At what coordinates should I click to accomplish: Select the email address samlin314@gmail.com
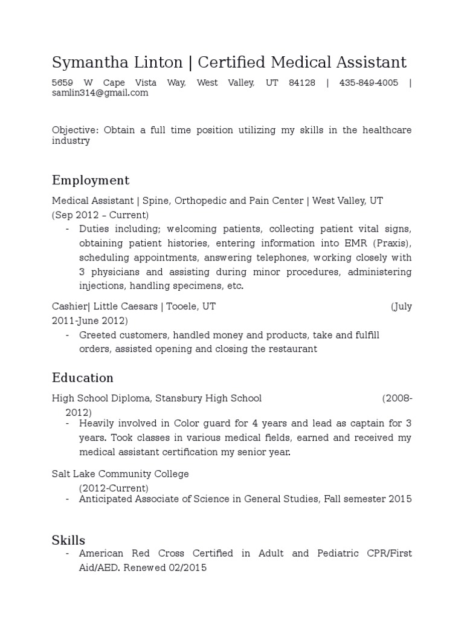coord(100,93)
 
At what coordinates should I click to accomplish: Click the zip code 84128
coord(302,83)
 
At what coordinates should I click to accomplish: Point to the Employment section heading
coord(91,181)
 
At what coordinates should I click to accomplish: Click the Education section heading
coord(83,378)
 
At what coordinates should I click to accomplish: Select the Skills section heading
coord(68,540)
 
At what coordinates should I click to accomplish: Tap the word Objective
coord(75,131)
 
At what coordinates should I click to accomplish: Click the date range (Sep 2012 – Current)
coord(100,215)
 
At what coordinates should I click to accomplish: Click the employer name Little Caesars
coord(126,306)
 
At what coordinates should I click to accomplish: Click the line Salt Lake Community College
coord(120,474)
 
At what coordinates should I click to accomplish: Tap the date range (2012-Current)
coord(114,488)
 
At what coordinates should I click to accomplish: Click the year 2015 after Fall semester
coord(399,499)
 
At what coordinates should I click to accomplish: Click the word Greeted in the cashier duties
coord(97,335)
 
